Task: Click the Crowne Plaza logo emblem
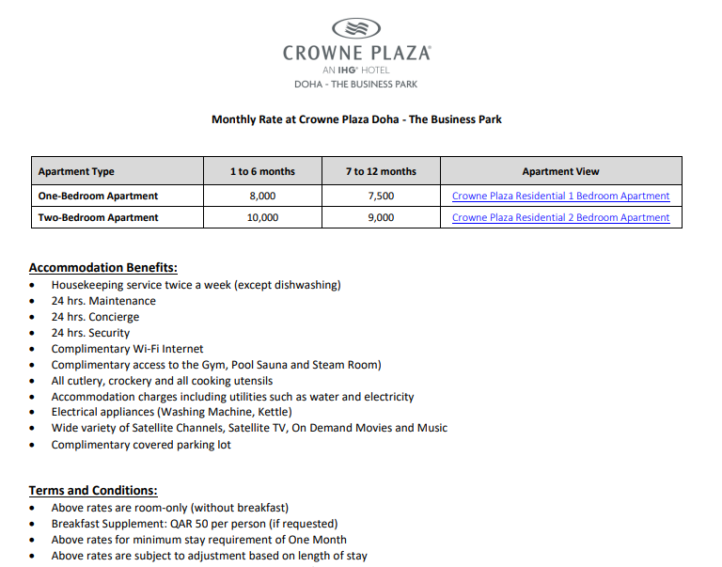[356, 28]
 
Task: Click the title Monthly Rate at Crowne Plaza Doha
[356, 119]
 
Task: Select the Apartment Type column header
[76, 171]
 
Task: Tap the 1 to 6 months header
[262, 171]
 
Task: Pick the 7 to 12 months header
[381, 171]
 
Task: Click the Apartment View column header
[560, 171]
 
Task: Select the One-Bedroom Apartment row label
[98, 196]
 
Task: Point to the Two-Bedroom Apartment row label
[98, 217]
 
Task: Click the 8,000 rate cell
[262, 196]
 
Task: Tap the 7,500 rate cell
[381, 196]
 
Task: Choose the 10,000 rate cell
[262, 217]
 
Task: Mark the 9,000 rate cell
[381, 217]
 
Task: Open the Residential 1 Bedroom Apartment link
[560, 196]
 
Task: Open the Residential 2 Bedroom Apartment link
[560, 217]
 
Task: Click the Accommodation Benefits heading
[102, 267]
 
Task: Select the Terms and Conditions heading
[93, 490]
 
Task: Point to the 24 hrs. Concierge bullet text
[95, 317]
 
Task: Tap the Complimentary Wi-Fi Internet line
[127, 349]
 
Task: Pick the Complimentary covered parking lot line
[141, 445]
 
